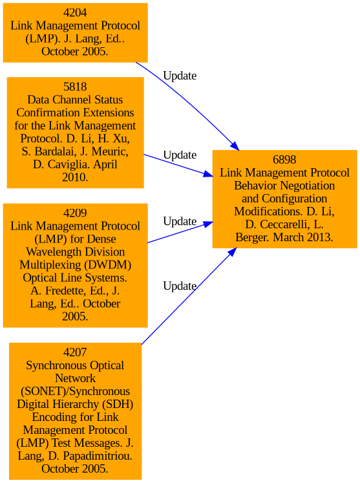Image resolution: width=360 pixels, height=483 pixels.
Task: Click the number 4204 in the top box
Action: pos(75,13)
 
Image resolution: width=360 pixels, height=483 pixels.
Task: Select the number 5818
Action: pos(75,87)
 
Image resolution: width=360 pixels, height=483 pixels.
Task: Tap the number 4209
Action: pos(75,213)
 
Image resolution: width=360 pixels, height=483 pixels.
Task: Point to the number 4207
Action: pos(75,352)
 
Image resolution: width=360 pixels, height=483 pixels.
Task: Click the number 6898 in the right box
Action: pos(284,160)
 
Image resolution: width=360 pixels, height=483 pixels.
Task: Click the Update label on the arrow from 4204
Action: pos(180,76)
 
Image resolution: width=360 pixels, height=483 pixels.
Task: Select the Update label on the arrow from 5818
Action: pos(180,155)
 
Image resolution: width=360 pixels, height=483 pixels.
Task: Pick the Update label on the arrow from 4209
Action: pos(180,221)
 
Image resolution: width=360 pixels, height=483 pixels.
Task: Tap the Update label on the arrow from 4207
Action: pos(180,286)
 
